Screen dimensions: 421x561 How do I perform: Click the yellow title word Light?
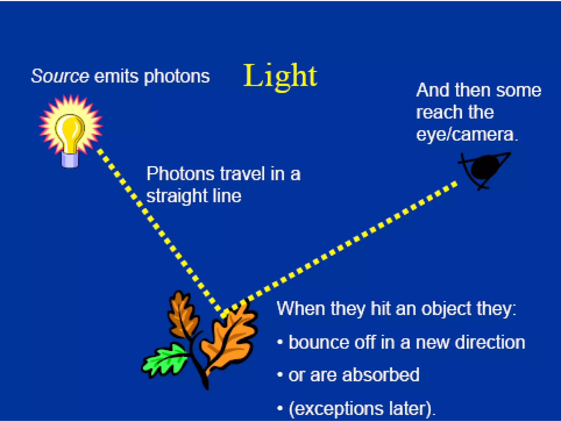tap(280, 76)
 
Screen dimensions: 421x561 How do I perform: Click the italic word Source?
tap(60, 76)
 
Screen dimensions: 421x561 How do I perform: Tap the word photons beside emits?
tap(177, 76)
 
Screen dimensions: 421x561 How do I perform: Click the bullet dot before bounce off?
tap(280, 342)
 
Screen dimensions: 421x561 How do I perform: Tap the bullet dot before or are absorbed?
tap(280, 375)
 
